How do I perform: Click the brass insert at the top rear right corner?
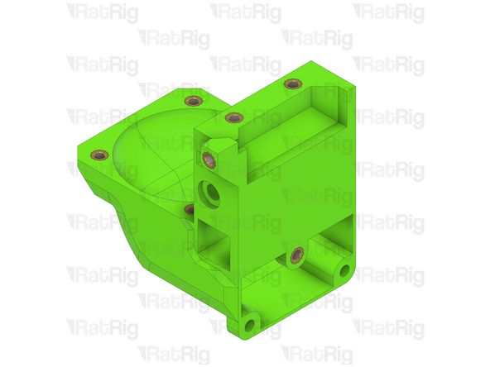291,83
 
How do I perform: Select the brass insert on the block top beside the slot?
233,117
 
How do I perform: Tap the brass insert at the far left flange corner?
98,153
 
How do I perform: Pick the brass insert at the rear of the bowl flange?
192,101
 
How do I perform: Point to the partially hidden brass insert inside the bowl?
190,209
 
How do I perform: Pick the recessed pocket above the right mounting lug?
331,240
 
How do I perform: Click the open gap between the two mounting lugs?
290,293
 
